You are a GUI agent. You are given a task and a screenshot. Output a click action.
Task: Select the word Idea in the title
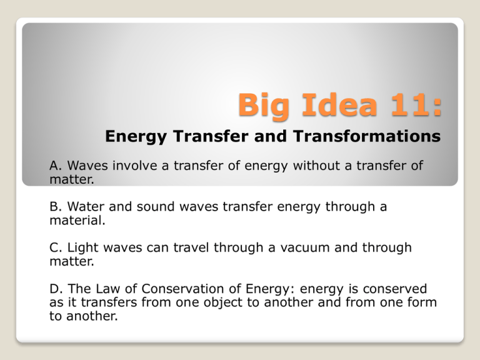point(338,104)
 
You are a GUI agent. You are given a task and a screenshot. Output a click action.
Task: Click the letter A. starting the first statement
point(56,166)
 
